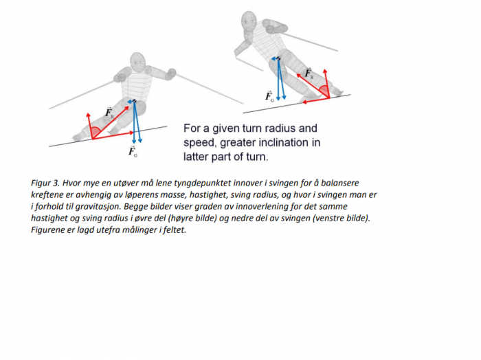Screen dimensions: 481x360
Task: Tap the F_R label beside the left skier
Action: click(109, 113)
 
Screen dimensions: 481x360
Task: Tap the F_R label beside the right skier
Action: click(309, 73)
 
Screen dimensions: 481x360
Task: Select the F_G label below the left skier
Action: click(133, 152)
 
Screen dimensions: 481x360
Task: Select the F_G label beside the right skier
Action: click(269, 96)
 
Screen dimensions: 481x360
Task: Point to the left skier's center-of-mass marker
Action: click(135, 101)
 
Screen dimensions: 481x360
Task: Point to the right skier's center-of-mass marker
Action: click(278, 58)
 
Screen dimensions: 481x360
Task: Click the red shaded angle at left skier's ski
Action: click(96, 133)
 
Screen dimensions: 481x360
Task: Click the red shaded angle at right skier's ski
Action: click(324, 91)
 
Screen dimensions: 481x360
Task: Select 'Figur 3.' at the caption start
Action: click(45, 183)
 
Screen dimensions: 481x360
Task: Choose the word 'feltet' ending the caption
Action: click(175, 229)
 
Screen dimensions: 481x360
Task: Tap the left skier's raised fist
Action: click(172, 73)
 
